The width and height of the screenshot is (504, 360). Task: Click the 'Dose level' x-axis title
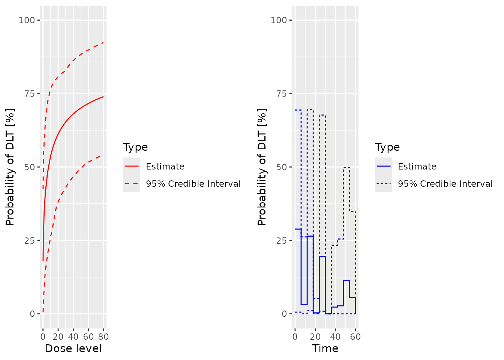[73, 348]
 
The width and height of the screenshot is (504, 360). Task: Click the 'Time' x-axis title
[325, 348]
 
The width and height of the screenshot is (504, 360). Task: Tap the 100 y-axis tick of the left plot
[27, 20]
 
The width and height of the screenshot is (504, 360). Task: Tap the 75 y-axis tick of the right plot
[281, 93]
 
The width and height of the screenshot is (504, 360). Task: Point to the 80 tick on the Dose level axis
[103, 336]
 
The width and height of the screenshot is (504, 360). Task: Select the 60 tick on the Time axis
[355, 336]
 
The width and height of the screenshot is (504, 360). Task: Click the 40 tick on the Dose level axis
[73, 336]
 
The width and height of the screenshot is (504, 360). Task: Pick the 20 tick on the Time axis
[315, 336]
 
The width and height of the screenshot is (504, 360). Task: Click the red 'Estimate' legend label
[165, 166]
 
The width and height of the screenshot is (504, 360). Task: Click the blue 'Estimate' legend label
[417, 166]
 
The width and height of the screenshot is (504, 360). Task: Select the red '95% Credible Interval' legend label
[193, 184]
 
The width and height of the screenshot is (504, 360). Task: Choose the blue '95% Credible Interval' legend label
[445, 184]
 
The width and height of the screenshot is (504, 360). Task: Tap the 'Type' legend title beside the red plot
[135, 147]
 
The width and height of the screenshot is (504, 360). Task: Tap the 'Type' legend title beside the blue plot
[387, 147]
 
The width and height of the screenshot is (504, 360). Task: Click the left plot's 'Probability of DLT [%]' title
[10, 167]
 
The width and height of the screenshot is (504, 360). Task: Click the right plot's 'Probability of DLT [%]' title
[262, 167]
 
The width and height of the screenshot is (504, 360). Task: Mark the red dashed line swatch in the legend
[132, 184]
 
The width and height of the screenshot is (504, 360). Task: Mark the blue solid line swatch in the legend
[384, 166]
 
